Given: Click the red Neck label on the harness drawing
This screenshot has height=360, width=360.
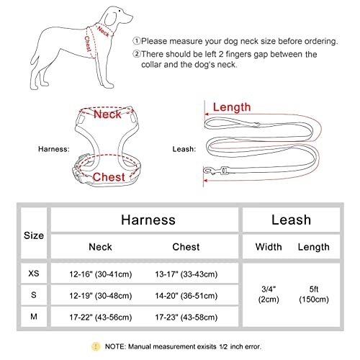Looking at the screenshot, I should click(107, 114).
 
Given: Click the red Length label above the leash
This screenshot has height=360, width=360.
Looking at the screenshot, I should click(233, 107).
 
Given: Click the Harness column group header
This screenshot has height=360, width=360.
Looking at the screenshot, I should click(148, 219).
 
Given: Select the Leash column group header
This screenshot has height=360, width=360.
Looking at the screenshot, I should click(291, 219).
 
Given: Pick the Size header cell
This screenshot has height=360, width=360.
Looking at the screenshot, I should click(33, 235).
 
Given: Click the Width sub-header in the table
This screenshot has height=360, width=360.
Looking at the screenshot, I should click(269, 247).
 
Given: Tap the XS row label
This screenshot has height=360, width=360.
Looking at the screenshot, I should click(33, 274).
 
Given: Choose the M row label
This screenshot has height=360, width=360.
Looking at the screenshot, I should click(33, 315).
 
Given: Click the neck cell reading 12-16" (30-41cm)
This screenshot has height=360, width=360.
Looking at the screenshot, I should click(109, 274).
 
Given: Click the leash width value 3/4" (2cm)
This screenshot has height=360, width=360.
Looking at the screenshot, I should click(269, 294).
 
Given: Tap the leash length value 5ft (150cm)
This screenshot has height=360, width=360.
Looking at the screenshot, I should click(313, 294).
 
